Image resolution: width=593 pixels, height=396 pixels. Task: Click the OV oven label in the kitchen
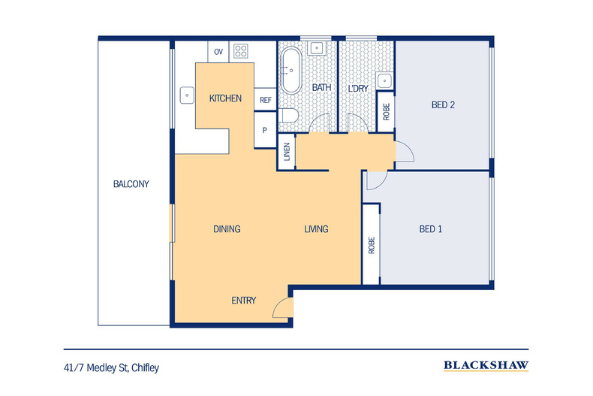(218, 52)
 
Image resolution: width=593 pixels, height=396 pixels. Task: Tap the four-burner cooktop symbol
(242, 52)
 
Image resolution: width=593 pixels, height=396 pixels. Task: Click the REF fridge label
(265, 100)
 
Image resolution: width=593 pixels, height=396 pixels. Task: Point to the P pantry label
(264, 129)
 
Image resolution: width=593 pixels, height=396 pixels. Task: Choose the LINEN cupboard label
(287, 153)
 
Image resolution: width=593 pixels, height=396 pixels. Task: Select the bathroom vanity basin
(317, 49)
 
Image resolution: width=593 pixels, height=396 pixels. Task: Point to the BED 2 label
(443, 105)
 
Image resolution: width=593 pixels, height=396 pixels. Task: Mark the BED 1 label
(430, 229)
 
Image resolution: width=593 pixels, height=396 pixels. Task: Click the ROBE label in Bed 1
(372, 246)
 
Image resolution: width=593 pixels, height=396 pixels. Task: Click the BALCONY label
(131, 184)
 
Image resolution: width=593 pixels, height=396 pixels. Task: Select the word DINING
(227, 229)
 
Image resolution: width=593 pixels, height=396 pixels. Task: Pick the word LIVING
(316, 229)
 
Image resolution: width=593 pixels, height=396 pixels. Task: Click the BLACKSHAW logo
(486, 366)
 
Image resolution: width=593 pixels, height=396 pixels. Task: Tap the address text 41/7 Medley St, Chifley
(112, 367)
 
